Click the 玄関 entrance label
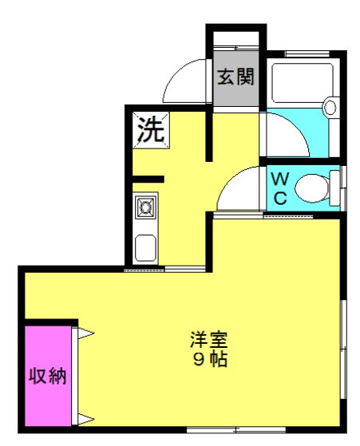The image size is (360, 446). pos(235,77)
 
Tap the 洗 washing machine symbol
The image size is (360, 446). pos(151,130)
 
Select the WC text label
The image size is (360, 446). pos(280,188)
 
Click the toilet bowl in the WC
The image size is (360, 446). pos(312,188)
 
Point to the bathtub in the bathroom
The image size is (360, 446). pos(303,83)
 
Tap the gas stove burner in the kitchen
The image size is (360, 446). pos(146,206)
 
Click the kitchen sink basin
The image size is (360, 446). pos(145,248)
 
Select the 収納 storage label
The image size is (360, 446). pos(48,376)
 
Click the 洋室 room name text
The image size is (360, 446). pos(209,339)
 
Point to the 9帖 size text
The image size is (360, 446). pos(210,360)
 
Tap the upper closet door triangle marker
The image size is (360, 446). pos(85,333)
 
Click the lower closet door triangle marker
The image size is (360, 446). pos(85,419)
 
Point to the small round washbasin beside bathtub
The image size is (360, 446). pos(330,106)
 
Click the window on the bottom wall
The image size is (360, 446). pos(236,430)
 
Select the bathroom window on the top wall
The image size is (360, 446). pos(307,53)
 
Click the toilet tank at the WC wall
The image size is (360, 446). pos(334,188)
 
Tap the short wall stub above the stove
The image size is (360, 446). pos(148,180)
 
